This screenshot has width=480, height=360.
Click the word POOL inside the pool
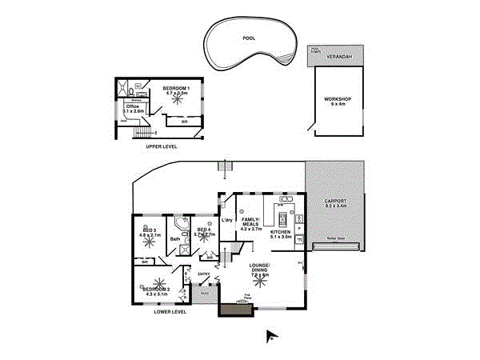[250, 38]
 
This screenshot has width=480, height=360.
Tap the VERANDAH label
[337, 58]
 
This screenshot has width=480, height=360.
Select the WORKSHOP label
[337, 98]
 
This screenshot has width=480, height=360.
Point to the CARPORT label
[335, 200]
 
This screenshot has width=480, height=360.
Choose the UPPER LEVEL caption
[160, 147]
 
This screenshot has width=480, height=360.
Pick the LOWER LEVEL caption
[170, 311]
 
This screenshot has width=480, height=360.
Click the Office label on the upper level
[134, 106]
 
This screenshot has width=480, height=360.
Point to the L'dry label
[226, 220]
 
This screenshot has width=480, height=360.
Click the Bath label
[175, 238]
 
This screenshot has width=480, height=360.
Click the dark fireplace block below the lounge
[233, 309]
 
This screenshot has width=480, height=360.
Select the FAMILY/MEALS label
[251, 221]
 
